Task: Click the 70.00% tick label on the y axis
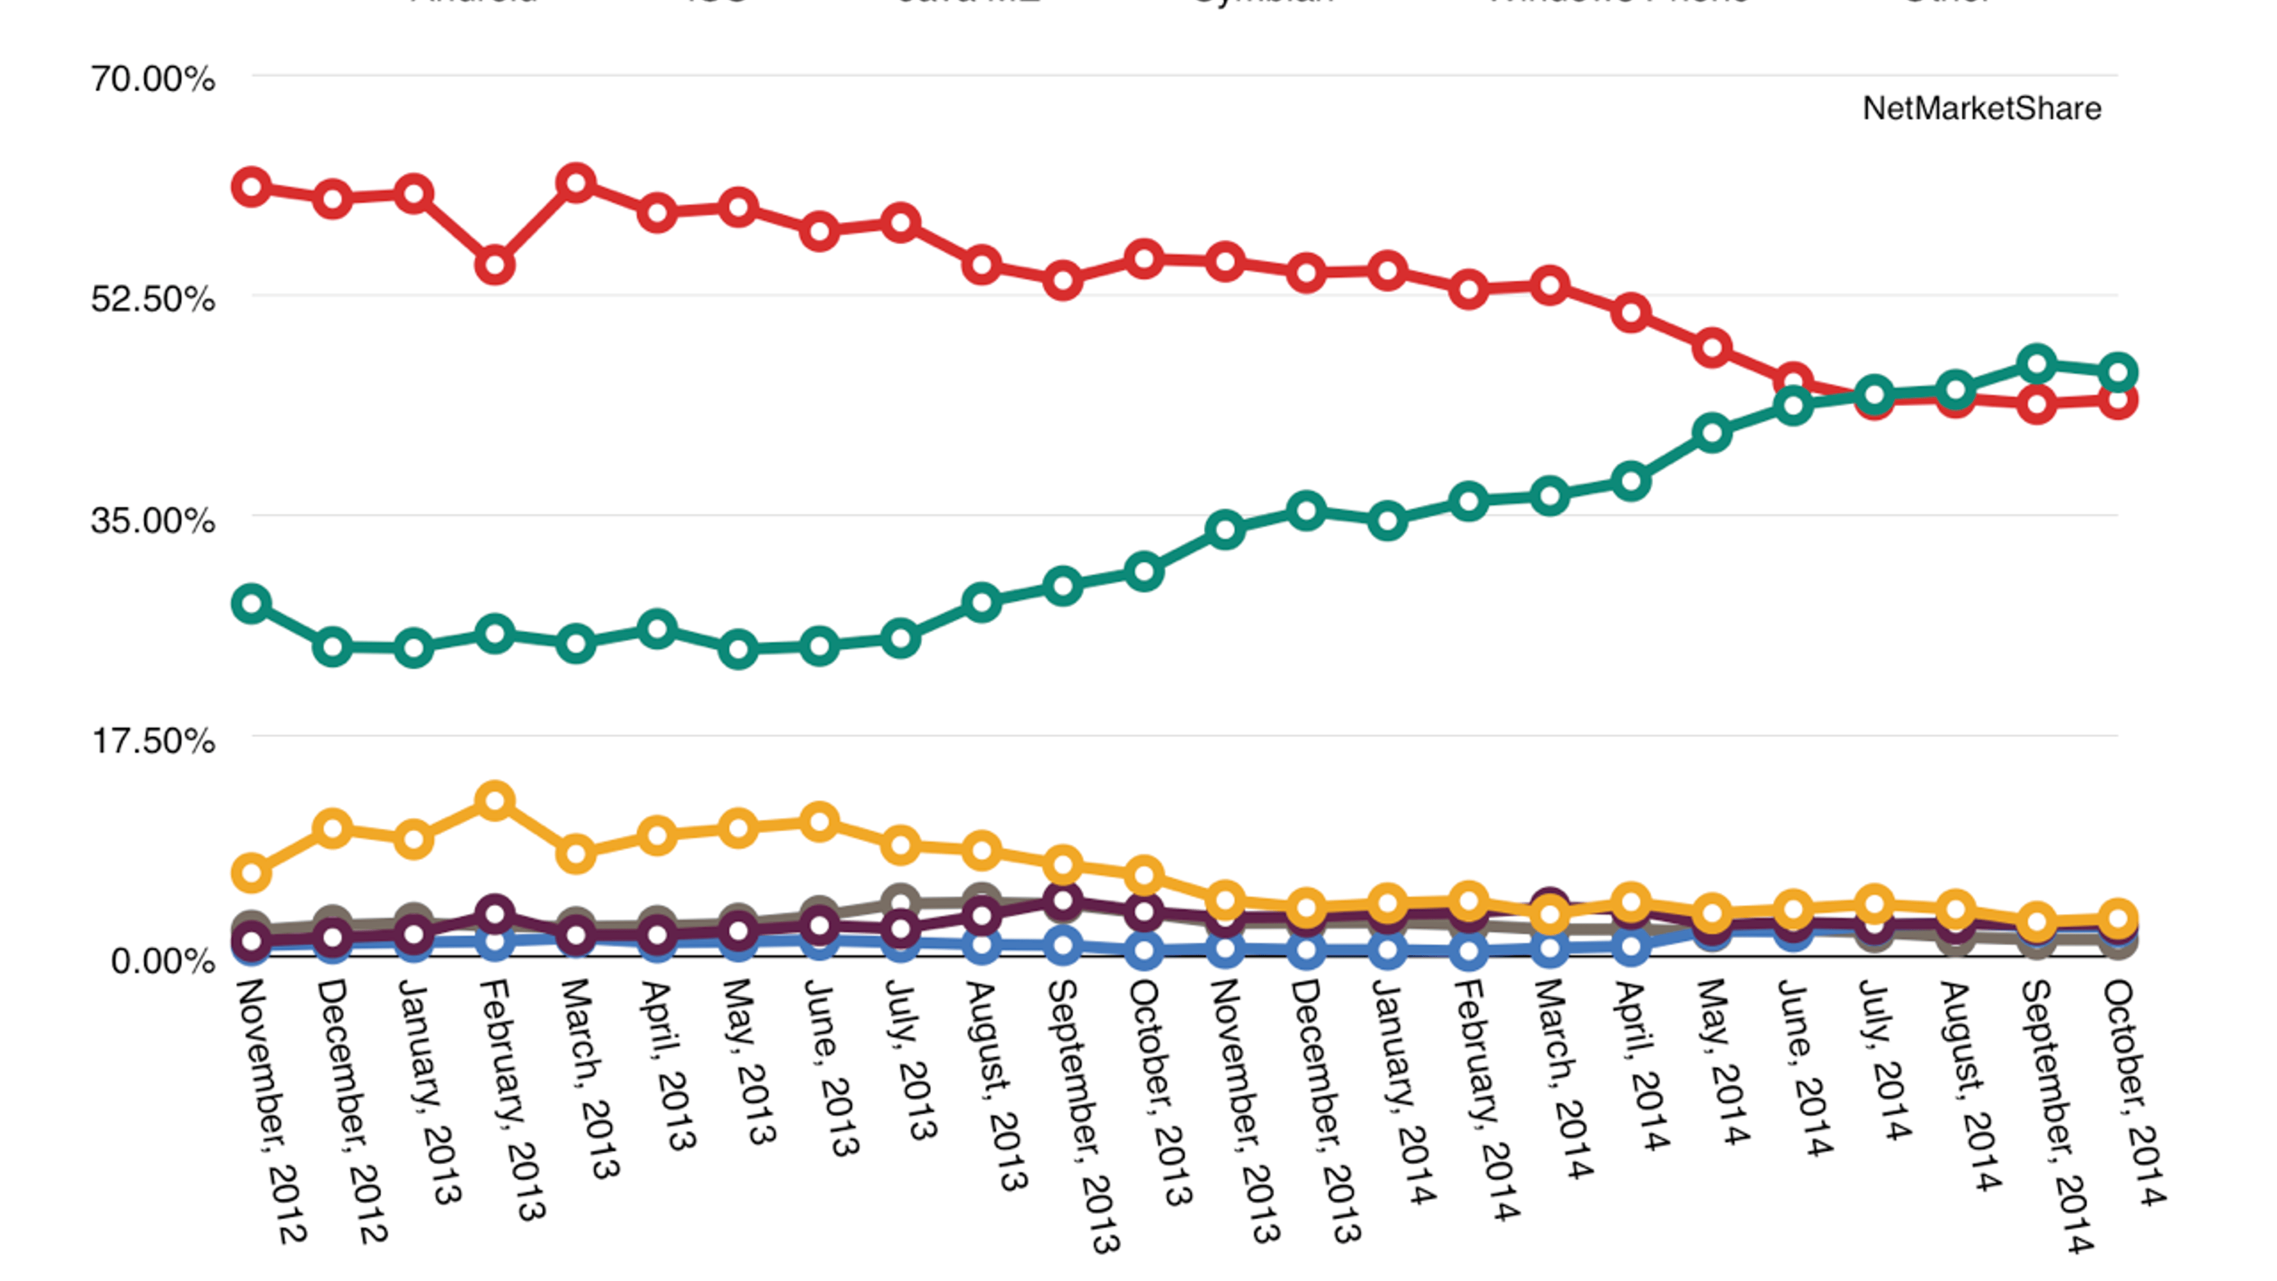[152, 79]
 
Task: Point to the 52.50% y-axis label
[152, 299]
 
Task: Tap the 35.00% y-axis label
[152, 520]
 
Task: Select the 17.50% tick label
[152, 740]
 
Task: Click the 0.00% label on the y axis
[162, 960]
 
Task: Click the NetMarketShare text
[1981, 109]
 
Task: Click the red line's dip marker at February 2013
[495, 265]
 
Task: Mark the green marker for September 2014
[2037, 364]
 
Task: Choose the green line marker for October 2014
[2118, 372]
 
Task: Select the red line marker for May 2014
[1712, 348]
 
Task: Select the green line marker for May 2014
[1712, 433]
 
